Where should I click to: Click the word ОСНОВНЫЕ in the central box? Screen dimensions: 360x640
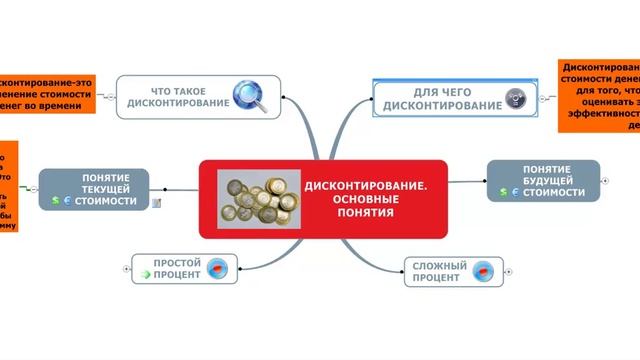click(365, 199)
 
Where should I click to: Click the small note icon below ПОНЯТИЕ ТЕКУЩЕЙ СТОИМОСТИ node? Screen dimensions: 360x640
click(156, 203)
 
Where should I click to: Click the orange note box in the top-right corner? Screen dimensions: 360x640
click(600, 95)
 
